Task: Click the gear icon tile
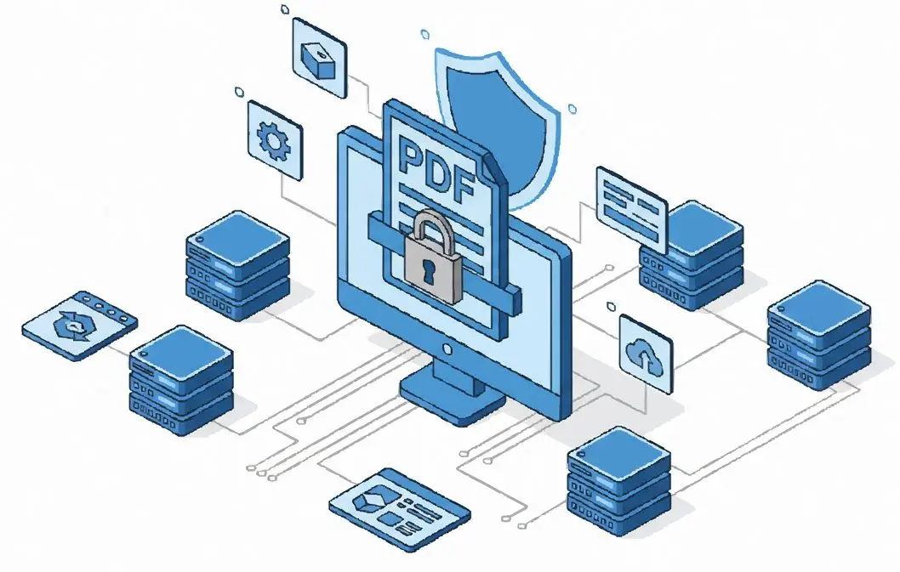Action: coord(275,139)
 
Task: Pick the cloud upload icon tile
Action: coord(646,353)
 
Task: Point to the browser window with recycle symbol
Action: coord(80,325)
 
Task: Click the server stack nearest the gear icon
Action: coord(237,264)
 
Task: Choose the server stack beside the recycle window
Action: coord(181,380)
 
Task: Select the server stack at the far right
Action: coord(819,336)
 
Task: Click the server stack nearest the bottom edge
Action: coord(619,482)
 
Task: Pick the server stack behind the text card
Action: coord(694,255)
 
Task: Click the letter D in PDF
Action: coord(436,168)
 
